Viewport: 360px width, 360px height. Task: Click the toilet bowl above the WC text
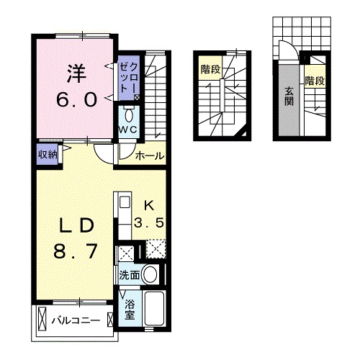click(129, 115)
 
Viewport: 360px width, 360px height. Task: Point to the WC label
click(129, 130)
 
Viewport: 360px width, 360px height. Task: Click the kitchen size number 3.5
click(153, 222)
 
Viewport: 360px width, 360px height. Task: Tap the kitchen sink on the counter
click(122, 202)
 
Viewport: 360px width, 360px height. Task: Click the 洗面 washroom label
click(130, 274)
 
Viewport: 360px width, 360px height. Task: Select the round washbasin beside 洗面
click(150, 274)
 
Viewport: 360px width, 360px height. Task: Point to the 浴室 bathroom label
click(130, 310)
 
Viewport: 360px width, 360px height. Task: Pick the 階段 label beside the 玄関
click(314, 80)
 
